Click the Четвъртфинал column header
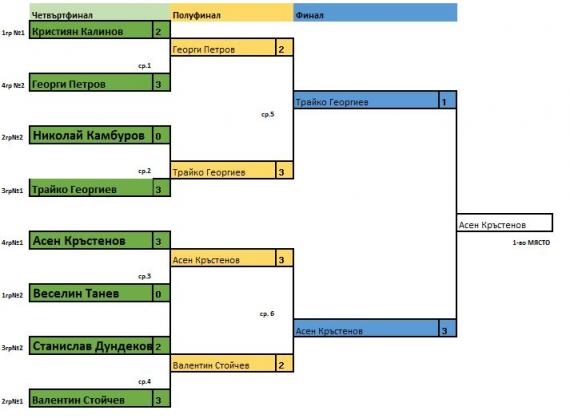[62, 15]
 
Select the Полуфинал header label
[196, 15]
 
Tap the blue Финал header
[309, 15]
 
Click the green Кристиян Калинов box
[91, 30]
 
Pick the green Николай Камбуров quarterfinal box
[91, 135]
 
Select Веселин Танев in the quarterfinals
[91, 293]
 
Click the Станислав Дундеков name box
[91, 346]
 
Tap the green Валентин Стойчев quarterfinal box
[91, 398]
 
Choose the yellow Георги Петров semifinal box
[223, 47]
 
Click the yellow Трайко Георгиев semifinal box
[223, 170]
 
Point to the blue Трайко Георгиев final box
[366, 100]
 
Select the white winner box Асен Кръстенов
[505, 223]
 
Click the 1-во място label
[531, 242]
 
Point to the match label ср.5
[268, 114]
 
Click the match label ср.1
[145, 66]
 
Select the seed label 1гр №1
[13, 33]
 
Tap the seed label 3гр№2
[12, 348]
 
